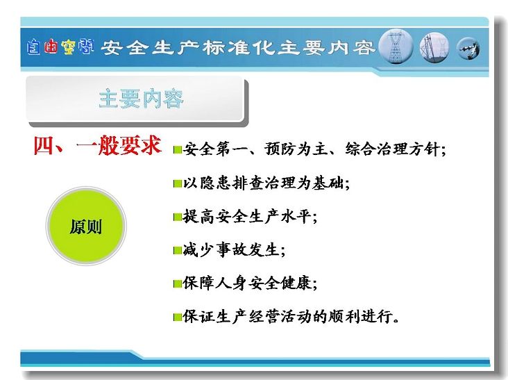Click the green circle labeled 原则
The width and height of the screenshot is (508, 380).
(86, 226)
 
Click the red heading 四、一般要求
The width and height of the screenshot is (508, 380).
(98, 146)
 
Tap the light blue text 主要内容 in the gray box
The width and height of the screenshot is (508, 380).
(141, 99)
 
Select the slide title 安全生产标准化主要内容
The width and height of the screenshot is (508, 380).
(237, 48)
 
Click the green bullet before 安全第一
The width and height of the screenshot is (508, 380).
(178, 149)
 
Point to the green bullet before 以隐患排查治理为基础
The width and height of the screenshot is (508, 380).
(178, 184)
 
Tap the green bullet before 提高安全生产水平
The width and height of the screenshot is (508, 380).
(178, 217)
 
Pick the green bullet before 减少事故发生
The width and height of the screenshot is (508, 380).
(178, 250)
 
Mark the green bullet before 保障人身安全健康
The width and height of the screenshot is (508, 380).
(178, 284)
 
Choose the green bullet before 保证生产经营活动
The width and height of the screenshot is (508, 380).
(178, 317)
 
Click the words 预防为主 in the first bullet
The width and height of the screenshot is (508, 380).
(296, 149)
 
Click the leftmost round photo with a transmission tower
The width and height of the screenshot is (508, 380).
(396, 47)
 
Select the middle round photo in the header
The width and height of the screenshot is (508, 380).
(434, 47)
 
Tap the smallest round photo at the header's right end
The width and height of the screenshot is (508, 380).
(468, 49)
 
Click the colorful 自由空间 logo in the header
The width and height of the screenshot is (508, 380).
(60, 47)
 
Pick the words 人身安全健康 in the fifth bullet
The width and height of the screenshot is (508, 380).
(263, 283)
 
